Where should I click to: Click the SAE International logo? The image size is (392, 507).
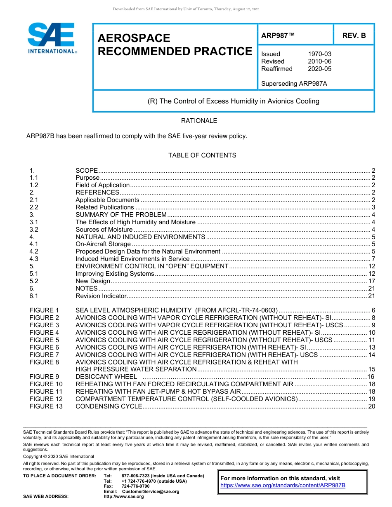(51, 38)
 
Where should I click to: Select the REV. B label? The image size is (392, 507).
(354, 35)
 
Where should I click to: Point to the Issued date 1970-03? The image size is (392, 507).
(319, 54)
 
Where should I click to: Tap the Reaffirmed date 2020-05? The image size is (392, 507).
(319, 69)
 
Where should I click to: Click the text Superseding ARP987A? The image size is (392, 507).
(294, 84)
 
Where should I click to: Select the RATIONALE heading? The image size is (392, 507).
(199, 121)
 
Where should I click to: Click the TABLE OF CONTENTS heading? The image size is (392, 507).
(202, 155)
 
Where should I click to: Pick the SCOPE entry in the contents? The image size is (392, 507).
(87, 170)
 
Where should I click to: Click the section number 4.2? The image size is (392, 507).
(34, 251)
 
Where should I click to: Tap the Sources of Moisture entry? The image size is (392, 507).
(104, 230)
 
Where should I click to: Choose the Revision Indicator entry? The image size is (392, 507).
(100, 296)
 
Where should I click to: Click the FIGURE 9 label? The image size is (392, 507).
(42, 377)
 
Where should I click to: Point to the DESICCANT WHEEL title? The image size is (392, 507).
(106, 377)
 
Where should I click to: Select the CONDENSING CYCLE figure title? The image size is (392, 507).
(109, 406)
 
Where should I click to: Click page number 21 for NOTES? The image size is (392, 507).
(371, 289)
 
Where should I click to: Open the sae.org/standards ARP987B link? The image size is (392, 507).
(283, 486)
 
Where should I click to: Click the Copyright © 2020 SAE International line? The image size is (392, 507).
(59, 456)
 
